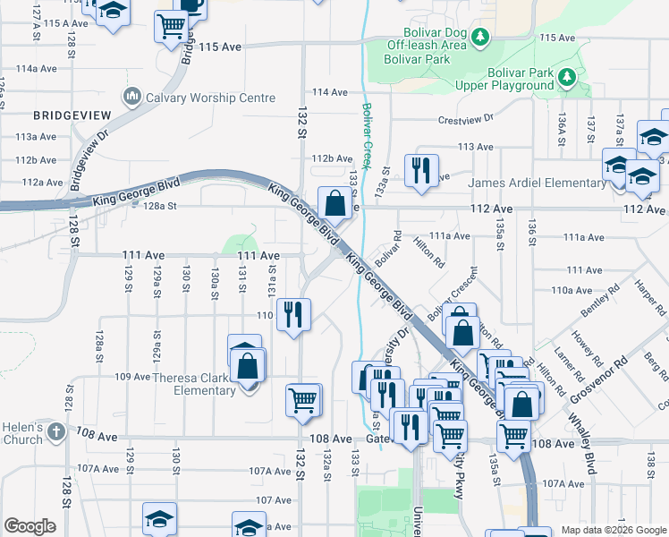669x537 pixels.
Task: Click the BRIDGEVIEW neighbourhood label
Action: (x=72, y=115)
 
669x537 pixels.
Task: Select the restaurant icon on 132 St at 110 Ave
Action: (x=293, y=314)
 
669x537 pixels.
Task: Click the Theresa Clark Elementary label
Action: (x=192, y=383)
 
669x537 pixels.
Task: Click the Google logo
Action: (x=30, y=526)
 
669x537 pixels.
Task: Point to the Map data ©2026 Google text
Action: (x=613, y=530)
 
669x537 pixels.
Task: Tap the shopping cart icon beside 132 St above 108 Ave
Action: (x=303, y=400)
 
